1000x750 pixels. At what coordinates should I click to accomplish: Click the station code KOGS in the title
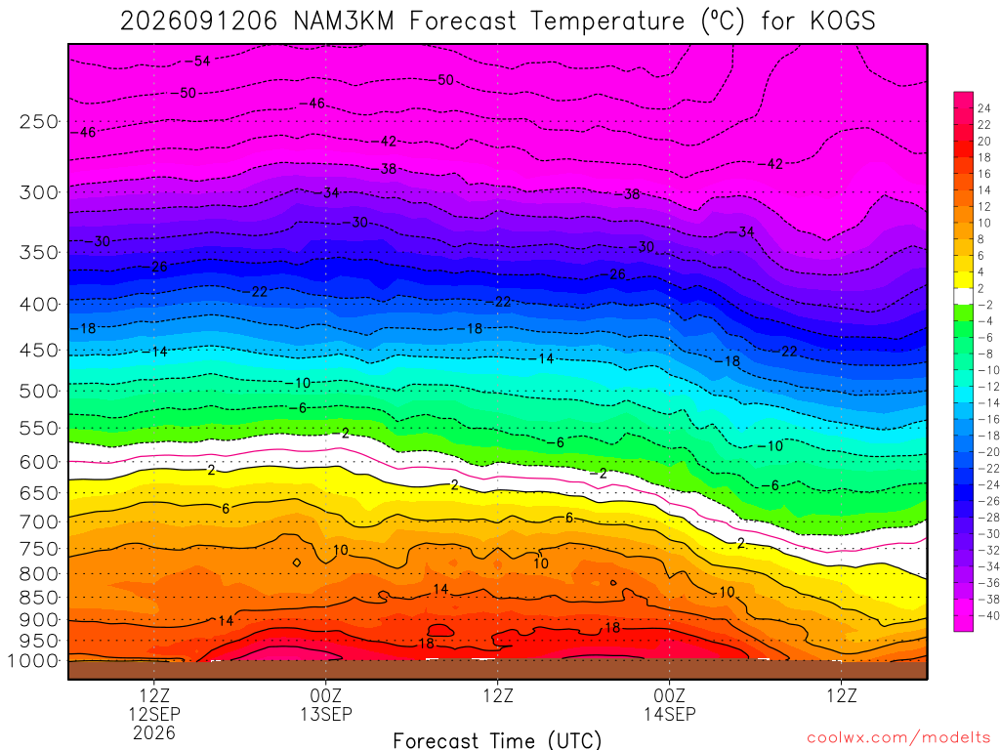(x=843, y=21)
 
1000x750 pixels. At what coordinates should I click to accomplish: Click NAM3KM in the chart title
(x=343, y=21)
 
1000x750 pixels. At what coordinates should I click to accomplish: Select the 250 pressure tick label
(x=39, y=121)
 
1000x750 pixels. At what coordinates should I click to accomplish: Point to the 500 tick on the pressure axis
(x=39, y=391)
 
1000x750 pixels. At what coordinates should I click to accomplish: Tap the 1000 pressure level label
(x=33, y=661)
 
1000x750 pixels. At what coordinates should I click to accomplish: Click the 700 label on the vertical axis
(x=39, y=521)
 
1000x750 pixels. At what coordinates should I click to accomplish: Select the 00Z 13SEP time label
(x=326, y=704)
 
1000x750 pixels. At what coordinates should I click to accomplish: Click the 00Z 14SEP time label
(x=670, y=704)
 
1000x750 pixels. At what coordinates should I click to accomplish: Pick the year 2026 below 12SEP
(x=154, y=732)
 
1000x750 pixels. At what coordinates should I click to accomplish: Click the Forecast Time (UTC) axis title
(x=497, y=740)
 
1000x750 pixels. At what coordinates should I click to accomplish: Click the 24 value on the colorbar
(x=984, y=108)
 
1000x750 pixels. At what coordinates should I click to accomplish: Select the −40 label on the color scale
(x=988, y=615)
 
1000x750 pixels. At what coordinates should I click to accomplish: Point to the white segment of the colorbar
(x=964, y=296)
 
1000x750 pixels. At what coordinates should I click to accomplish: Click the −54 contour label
(x=198, y=62)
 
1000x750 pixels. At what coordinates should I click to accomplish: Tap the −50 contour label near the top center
(x=442, y=80)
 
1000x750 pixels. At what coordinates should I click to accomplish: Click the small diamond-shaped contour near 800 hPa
(x=297, y=562)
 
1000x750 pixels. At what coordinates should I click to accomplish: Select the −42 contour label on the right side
(x=771, y=164)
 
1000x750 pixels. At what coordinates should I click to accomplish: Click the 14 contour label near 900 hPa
(x=226, y=620)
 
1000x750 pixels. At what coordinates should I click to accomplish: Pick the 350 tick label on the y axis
(x=39, y=253)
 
